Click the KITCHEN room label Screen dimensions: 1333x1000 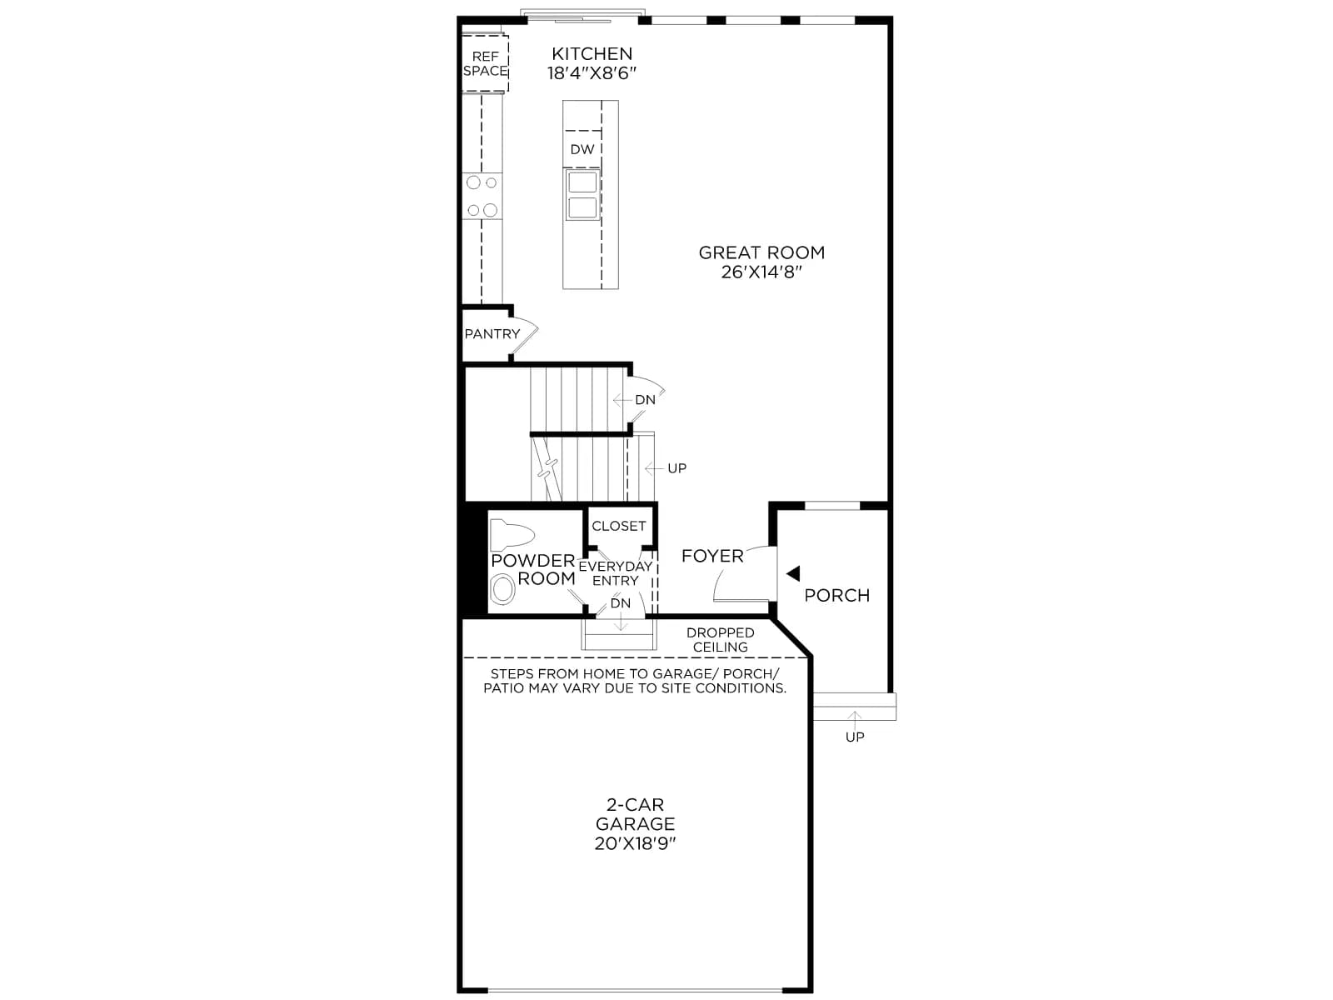(592, 53)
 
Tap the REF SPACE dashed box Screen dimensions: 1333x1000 (485, 63)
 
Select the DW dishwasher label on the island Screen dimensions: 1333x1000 (582, 149)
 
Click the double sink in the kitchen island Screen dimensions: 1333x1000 (582, 194)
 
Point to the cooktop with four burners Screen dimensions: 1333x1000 (482, 196)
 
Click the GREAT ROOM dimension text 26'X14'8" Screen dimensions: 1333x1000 (761, 272)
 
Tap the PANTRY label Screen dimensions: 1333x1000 (492, 334)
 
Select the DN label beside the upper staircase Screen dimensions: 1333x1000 (645, 400)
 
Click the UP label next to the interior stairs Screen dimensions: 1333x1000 (676, 468)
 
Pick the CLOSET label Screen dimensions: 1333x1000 (619, 526)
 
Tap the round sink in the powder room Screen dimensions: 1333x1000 (502, 588)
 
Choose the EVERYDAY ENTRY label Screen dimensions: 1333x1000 (615, 573)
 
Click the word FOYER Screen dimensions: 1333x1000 (711, 556)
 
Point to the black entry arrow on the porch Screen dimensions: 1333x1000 (793, 573)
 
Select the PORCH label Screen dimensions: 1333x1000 (836, 595)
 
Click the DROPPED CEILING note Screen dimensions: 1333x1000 (721, 640)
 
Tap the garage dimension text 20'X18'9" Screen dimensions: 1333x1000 (635, 843)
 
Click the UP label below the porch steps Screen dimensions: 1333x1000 (855, 737)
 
